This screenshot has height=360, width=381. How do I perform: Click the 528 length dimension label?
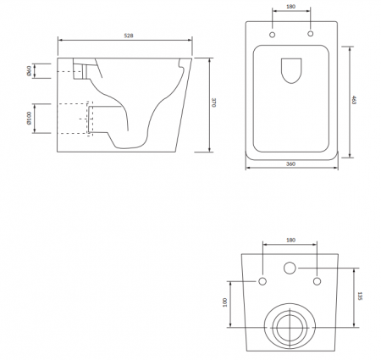tap(129, 36)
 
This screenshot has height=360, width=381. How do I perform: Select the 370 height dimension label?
tap(213, 102)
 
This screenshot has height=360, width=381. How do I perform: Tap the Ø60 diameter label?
tap(29, 70)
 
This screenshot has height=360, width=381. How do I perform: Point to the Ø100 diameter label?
tap(29, 118)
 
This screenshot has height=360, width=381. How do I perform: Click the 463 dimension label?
tap(354, 100)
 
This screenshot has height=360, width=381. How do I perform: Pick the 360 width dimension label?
tap(290, 163)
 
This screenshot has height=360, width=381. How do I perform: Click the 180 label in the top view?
tap(290, 6)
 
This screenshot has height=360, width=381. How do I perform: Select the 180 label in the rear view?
tap(290, 240)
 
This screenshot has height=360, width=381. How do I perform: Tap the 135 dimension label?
tap(360, 296)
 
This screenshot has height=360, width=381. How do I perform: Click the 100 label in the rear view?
tap(225, 302)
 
